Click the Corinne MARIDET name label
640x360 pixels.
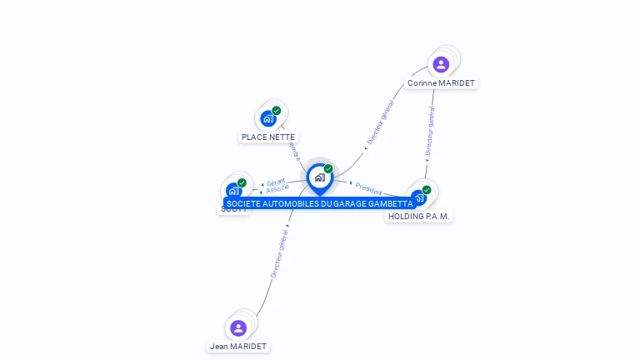click(x=441, y=83)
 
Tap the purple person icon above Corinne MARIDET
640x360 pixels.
click(x=441, y=64)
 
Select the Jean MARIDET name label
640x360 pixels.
click(x=238, y=347)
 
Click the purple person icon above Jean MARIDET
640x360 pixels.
click(x=238, y=327)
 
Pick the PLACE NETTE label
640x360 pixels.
click(x=268, y=137)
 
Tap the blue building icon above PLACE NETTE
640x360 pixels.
click(x=267, y=118)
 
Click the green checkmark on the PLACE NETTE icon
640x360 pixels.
click(x=277, y=110)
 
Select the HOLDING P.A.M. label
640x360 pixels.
click(x=419, y=217)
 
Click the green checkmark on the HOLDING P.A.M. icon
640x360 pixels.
click(x=427, y=190)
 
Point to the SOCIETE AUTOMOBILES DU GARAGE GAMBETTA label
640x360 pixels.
click(x=319, y=204)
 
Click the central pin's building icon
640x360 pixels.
click(x=319, y=177)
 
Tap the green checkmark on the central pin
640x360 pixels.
click(x=328, y=169)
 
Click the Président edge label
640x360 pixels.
click(x=368, y=188)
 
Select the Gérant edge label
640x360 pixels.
click(x=276, y=181)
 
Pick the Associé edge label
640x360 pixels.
click(x=278, y=189)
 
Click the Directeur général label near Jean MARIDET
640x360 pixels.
click(x=278, y=253)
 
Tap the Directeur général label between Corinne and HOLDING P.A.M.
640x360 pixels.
click(x=430, y=132)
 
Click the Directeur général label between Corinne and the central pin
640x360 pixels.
click(x=380, y=123)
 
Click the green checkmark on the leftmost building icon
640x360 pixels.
click(x=242, y=182)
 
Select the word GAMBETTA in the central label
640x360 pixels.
click(x=390, y=204)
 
